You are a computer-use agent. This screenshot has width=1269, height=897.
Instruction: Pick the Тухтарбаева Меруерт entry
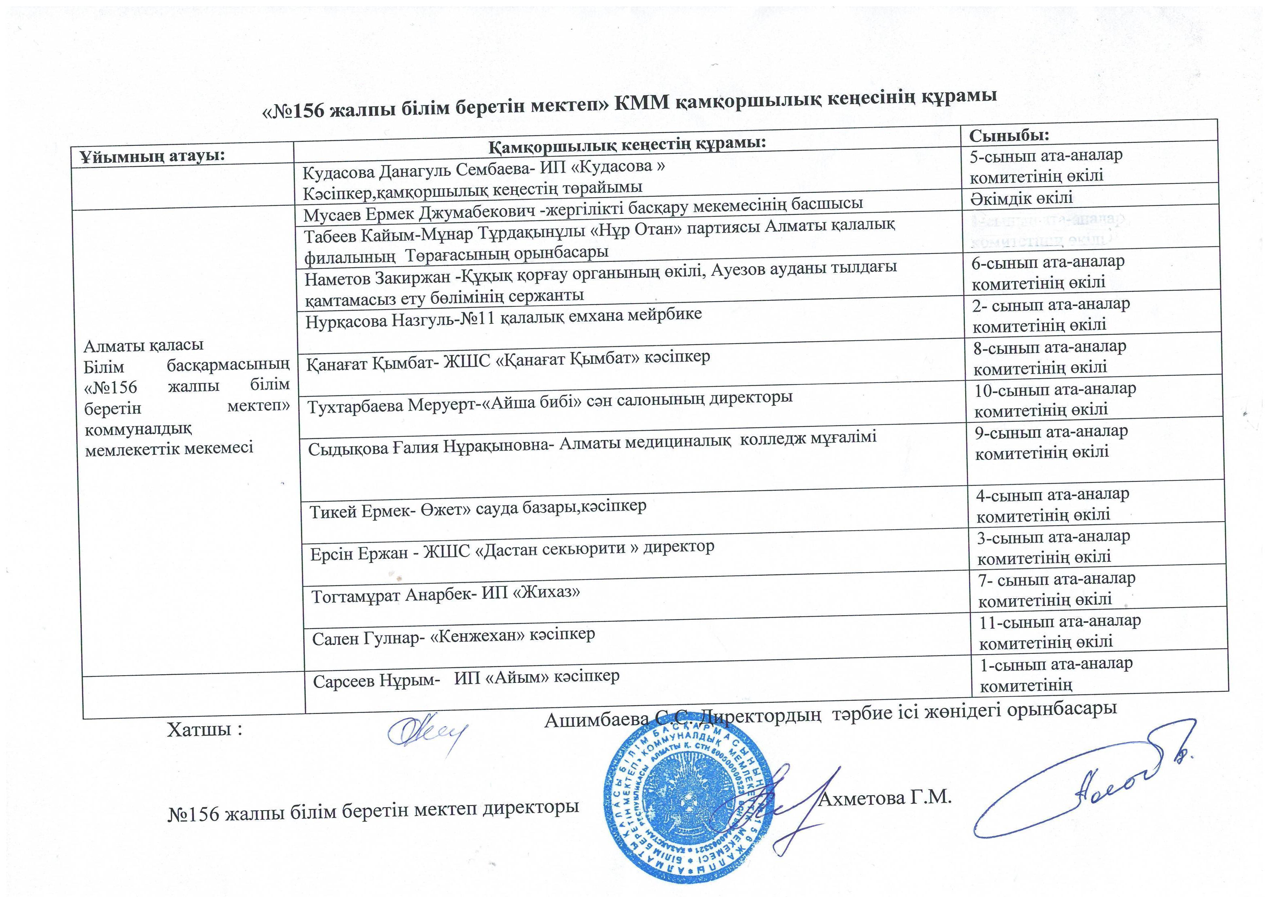click(549, 401)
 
